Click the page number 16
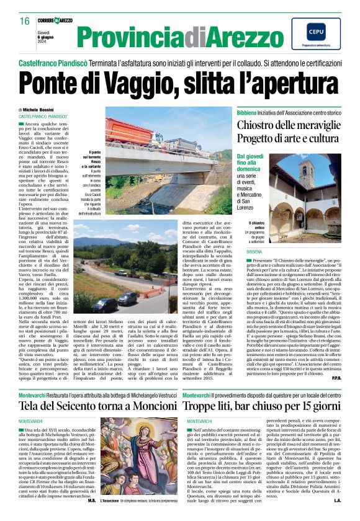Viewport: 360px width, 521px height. pos(24,22)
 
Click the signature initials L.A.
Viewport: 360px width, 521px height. pos(337,517)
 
